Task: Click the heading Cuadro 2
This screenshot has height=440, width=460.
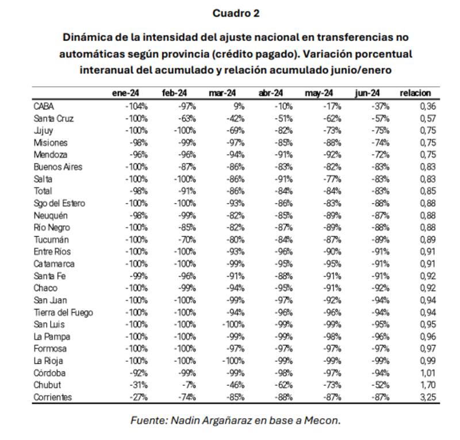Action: [236, 13]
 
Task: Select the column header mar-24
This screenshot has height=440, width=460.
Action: [223, 93]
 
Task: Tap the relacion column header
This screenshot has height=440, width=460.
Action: [415, 93]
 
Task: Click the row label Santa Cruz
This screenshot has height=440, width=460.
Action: [54, 118]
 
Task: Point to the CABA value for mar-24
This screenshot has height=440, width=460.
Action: [239, 106]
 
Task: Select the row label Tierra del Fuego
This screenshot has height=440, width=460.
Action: [63, 313]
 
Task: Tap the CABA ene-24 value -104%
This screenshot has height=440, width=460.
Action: [136, 106]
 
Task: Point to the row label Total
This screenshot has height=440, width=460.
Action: [43, 191]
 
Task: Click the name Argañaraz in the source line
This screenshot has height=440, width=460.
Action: [226, 420]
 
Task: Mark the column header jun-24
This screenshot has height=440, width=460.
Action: [367, 93]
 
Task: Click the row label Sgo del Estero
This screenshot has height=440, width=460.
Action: [60, 203]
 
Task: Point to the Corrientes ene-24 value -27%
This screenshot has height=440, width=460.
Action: [139, 397]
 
